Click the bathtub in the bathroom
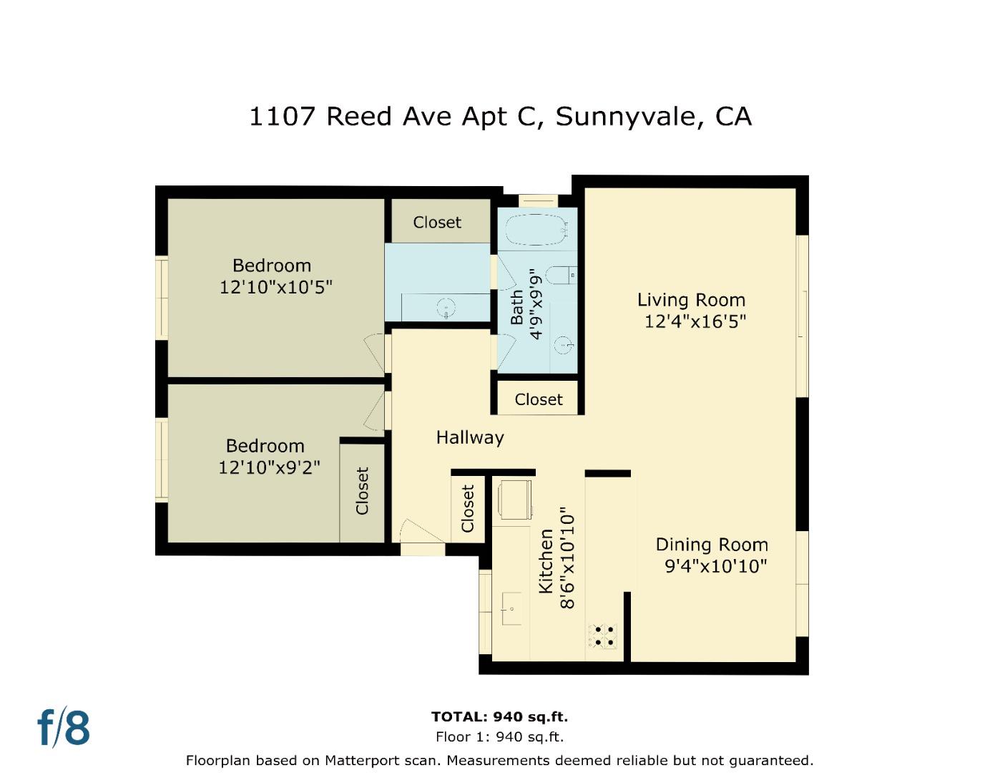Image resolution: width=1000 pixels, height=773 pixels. point(536,229)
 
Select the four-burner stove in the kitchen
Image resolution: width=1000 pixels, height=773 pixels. point(602,636)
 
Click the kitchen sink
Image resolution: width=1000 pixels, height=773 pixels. point(511,609)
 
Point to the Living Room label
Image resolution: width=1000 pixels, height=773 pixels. point(691,300)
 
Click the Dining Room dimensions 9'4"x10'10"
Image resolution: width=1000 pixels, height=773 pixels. point(716,566)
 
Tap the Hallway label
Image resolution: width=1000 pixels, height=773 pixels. point(470,437)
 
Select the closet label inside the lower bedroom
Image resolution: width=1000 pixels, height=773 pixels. point(362,491)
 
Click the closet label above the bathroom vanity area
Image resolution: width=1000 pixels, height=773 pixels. point(437,223)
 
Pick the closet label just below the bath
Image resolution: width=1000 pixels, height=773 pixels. point(538,399)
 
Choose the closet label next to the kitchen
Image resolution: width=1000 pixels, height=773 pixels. point(468,508)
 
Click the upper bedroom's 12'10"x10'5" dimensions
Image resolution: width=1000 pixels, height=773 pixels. point(275,287)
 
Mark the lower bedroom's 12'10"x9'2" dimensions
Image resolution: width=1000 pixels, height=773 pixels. point(269,467)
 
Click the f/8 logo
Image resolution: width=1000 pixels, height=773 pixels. point(64,728)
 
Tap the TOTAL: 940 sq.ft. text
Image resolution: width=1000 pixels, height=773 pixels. point(499,716)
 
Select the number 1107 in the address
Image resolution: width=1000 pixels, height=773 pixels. point(282,116)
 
